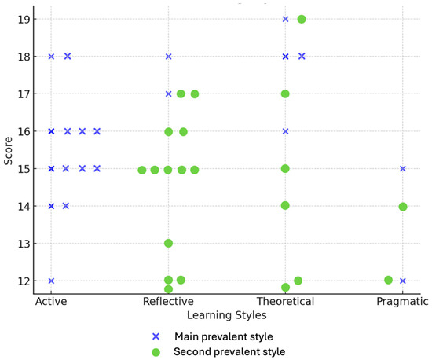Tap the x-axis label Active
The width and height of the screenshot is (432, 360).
(x=51, y=301)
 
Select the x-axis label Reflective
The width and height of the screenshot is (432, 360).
(x=168, y=301)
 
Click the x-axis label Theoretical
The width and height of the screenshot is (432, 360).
(x=285, y=301)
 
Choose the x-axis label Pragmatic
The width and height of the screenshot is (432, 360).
(x=402, y=302)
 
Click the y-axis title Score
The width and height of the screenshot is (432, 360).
(x=9, y=151)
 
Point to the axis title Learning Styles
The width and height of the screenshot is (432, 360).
(x=227, y=315)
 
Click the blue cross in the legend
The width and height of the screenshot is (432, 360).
(x=156, y=336)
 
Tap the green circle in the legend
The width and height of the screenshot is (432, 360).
(x=156, y=352)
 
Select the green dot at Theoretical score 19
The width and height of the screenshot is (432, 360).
(x=302, y=20)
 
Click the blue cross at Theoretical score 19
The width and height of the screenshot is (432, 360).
(x=285, y=20)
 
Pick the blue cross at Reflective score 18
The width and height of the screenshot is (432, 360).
(x=168, y=57)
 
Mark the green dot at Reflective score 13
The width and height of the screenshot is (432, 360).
(x=168, y=244)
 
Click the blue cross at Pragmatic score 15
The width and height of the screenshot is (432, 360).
(x=402, y=169)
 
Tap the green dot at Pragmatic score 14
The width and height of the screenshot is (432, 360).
(x=403, y=207)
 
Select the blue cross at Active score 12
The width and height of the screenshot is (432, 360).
(x=51, y=281)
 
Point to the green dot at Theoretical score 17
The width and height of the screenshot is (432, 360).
(x=285, y=94)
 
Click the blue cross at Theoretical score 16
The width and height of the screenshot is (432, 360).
(x=285, y=131)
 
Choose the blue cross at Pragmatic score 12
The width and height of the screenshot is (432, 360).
(x=402, y=281)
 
